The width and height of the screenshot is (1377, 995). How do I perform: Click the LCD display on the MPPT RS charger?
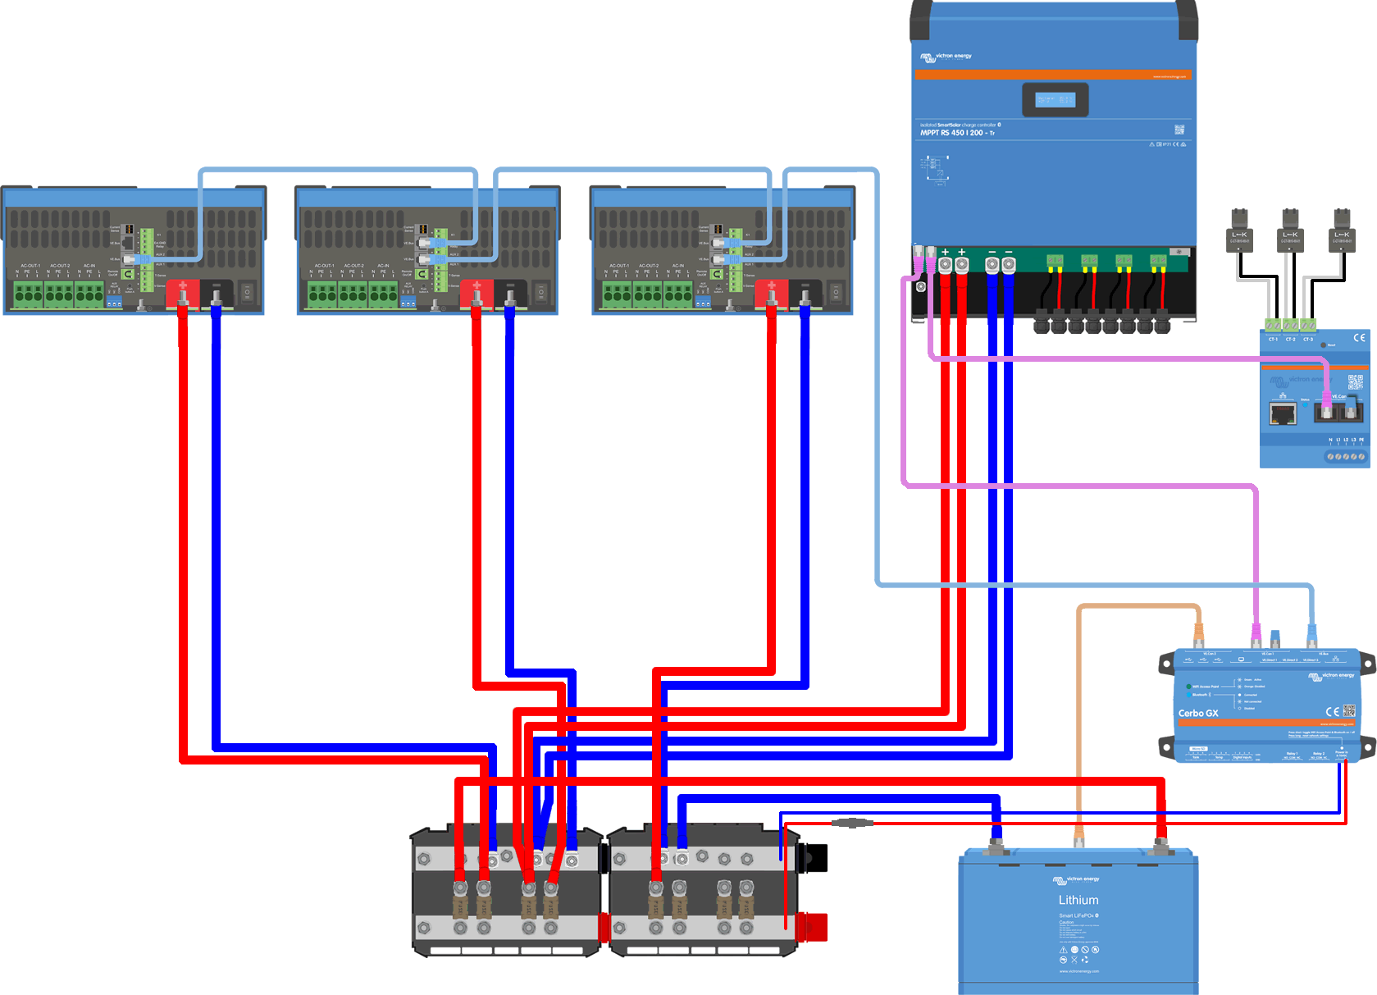[1055, 100]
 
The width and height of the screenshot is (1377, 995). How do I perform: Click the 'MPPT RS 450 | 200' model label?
[956, 133]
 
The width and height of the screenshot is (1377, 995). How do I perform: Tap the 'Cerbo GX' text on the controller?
[1198, 714]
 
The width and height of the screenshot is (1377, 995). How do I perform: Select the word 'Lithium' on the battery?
[1078, 900]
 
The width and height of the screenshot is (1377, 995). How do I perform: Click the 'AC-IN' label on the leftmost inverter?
[89, 266]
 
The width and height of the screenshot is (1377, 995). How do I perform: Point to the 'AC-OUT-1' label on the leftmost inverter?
[30, 266]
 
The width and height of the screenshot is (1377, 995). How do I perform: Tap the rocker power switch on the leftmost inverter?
[247, 291]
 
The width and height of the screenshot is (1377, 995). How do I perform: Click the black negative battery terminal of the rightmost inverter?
[805, 293]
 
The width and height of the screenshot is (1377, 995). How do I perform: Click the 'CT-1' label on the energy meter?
[1273, 339]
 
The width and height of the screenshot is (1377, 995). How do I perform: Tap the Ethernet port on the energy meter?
[1283, 413]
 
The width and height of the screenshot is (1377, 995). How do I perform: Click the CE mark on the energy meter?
[1359, 338]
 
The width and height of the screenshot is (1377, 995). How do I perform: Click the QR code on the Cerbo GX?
[1349, 710]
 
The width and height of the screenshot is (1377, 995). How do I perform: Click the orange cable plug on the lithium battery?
[1079, 841]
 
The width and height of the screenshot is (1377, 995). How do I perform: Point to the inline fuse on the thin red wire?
[852, 823]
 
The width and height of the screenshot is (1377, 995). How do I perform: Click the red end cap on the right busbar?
[814, 927]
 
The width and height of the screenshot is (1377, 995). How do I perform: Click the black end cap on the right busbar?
[815, 857]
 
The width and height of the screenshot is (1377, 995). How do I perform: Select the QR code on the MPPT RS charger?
[1179, 130]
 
